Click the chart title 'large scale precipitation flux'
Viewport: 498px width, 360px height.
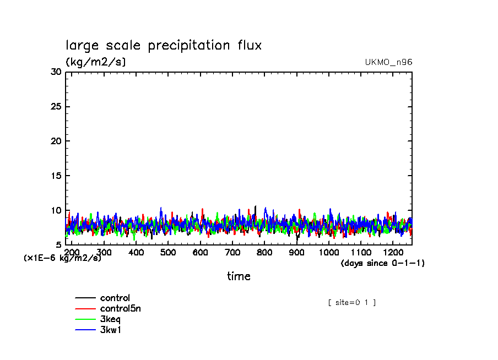coord(164,45)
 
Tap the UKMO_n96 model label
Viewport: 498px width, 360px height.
coord(388,62)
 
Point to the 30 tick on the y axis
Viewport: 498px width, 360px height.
coord(56,72)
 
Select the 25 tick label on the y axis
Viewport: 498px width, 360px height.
coord(56,106)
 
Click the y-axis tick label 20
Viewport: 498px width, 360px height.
coord(56,141)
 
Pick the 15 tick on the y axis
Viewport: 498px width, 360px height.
coord(56,176)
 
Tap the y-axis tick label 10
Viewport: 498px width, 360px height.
coord(56,210)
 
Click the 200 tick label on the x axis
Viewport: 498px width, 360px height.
coord(72,252)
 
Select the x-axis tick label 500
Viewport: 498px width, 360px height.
coord(168,252)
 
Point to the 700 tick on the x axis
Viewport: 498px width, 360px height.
coord(232,252)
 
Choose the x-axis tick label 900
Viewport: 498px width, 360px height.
coord(297,252)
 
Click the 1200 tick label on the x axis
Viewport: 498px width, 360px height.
coord(393,252)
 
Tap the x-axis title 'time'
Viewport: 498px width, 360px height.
coord(239,276)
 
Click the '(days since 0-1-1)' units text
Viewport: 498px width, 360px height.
coord(383,263)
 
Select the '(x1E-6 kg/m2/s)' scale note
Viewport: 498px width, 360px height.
coord(62,258)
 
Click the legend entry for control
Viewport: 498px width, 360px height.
coord(115,298)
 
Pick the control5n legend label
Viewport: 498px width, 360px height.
coord(120,309)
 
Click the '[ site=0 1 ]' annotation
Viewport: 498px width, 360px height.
coord(352,302)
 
